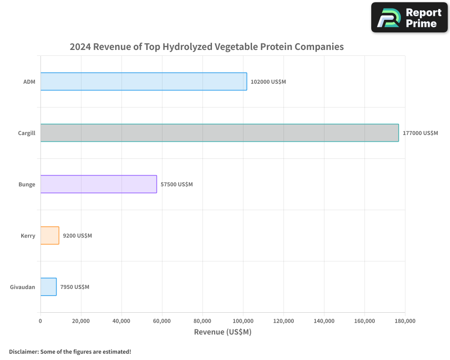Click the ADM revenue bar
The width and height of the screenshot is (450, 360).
[x=144, y=81]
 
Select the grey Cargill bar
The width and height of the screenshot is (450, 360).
[x=220, y=133]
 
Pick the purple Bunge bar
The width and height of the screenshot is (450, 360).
[x=99, y=184]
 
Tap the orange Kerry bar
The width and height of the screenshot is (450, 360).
[x=49, y=235]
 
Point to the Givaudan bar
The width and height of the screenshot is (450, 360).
[x=48, y=287]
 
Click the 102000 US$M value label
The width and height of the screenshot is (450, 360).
[x=268, y=82]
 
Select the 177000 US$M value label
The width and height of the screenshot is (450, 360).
[x=420, y=133]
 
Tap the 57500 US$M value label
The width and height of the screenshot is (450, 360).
[x=176, y=184]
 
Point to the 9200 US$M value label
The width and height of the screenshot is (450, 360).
[x=77, y=236]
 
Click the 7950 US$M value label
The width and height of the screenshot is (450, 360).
[x=75, y=287]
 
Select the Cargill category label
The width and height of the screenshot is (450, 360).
[x=27, y=133]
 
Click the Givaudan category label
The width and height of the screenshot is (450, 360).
[x=22, y=287]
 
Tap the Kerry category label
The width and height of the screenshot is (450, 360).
[x=28, y=236]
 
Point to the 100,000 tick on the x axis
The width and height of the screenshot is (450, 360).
[x=243, y=321]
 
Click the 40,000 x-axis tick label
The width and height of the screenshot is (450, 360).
[x=121, y=321]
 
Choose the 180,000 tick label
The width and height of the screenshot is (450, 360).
[x=405, y=321]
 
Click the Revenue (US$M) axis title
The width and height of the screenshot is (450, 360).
[x=223, y=332]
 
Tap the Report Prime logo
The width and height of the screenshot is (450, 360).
[x=409, y=18]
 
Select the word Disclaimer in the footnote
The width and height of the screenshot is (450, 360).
[x=23, y=351]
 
